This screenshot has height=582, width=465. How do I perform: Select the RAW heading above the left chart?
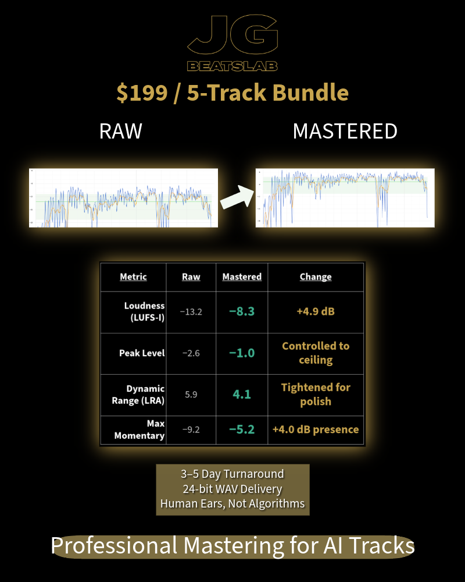[121, 131]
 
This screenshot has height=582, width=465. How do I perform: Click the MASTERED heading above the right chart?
[345, 131]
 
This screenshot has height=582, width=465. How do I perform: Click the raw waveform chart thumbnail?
[123, 198]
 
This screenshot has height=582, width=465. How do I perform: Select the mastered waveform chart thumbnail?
[345, 198]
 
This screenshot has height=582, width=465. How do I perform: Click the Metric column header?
[133, 277]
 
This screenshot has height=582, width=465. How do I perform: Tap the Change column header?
[316, 277]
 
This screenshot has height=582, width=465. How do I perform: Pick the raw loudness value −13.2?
[191, 311]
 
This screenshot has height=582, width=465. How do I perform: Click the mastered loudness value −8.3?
[242, 311]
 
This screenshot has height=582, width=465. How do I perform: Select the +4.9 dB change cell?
[316, 311]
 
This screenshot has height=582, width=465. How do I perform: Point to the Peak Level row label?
[142, 353]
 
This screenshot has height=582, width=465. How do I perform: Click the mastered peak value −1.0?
[242, 353]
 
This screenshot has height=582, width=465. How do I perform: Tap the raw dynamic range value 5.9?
[191, 394]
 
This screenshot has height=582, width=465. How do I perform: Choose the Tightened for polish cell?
[316, 394]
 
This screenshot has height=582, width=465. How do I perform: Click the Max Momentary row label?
[139, 430]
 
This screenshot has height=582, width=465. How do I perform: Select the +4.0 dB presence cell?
[316, 430]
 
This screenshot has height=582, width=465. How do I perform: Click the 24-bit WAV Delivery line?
[233, 489]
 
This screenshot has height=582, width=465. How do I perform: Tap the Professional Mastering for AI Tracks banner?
[233, 546]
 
